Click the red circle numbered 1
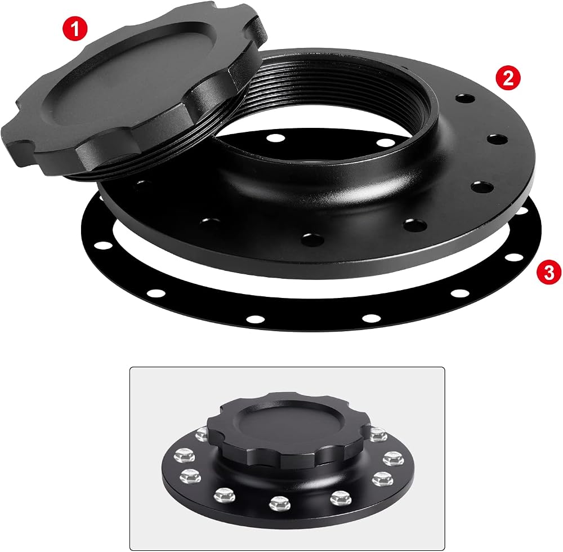pyautogui.click(x=75, y=29)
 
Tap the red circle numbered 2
pyautogui.click(x=508, y=78)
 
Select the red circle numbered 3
pyautogui.click(x=549, y=273)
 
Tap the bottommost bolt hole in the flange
pyautogui.click(x=312, y=238)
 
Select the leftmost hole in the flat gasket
pyautogui.click(x=103, y=246)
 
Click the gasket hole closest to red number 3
pyautogui.click(x=514, y=257)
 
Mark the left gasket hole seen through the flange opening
pyautogui.click(x=276, y=137)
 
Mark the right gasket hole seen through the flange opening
pyautogui.click(x=385, y=143)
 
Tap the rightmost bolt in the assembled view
pyautogui.click(x=394, y=459)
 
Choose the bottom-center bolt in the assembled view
pyautogui.click(x=280, y=502)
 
